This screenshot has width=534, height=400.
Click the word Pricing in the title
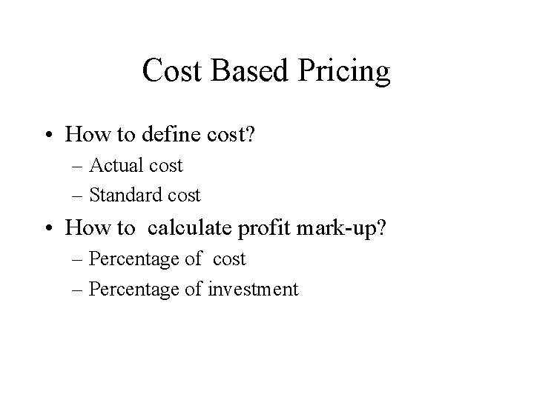(345, 72)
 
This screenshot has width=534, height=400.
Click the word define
(179, 134)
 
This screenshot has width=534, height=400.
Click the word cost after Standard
(185, 196)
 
